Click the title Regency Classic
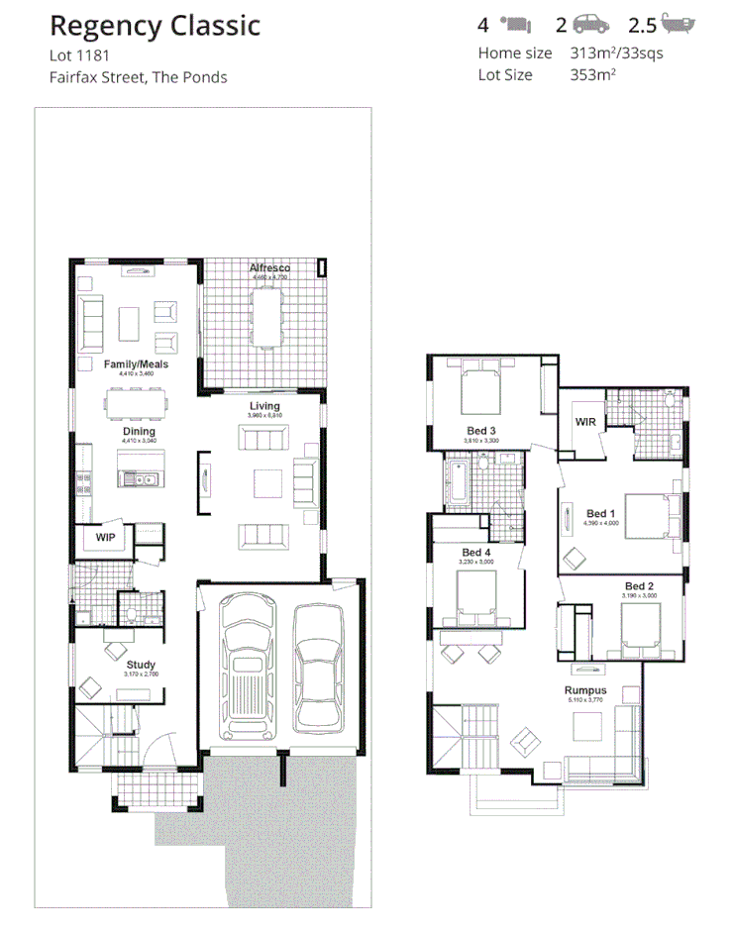click(x=155, y=26)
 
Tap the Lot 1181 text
click(x=78, y=55)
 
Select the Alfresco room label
click(x=268, y=268)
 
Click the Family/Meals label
click(x=137, y=364)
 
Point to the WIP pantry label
click(x=105, y=538)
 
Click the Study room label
click(x=141, y=665)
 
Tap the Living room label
click(x=264, y=406)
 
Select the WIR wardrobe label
click(x=585, y=422)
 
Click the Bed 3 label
click(x=481, y=430)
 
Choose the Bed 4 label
click(x=476, y=553)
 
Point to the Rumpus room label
click(x=585, y=690)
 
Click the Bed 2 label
click(x=639, y=586)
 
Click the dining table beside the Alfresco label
click(x=266, y=316)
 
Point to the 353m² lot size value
click(x=594, y=74)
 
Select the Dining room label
click(x=139, y=432)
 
